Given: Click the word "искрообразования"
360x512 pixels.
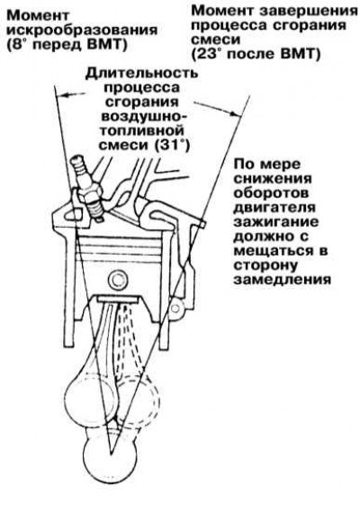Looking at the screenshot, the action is [x=83, y=31].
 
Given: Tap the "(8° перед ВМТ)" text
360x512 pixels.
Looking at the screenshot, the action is [x=67, y=45].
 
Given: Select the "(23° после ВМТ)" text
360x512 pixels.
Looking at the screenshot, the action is [x=256, y=54].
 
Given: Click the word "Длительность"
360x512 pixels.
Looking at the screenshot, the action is [x=141, y=74].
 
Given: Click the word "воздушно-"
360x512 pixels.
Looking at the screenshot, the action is [x=141, y=117].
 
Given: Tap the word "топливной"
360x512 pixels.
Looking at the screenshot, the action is [x=141, y=130].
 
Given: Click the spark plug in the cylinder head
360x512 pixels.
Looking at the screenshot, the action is [x=87, y=189].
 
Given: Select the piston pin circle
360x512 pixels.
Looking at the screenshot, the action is [x=117, y=280].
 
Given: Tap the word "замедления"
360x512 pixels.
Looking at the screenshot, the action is [x=283, y=280].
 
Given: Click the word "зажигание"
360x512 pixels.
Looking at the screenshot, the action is [x=276, y=221].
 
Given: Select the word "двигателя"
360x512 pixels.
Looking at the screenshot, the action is [x=274, y=207].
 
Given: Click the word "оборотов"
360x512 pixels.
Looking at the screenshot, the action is [x=271, y=193].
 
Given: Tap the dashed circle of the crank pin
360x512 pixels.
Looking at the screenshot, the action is [x=138, y=402].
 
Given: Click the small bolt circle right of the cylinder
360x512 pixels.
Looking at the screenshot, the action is [x=175, y=308].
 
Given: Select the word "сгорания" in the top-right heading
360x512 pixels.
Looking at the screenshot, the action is [x=309, y=25].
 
